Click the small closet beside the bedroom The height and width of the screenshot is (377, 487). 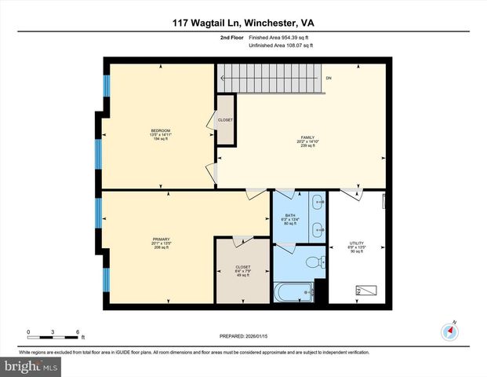[x=226, y=120]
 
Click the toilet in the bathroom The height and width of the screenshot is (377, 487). [x=313, y=262]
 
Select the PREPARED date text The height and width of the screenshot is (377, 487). [x=243, y=336]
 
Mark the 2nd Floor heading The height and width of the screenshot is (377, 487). [x=231, y=37]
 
